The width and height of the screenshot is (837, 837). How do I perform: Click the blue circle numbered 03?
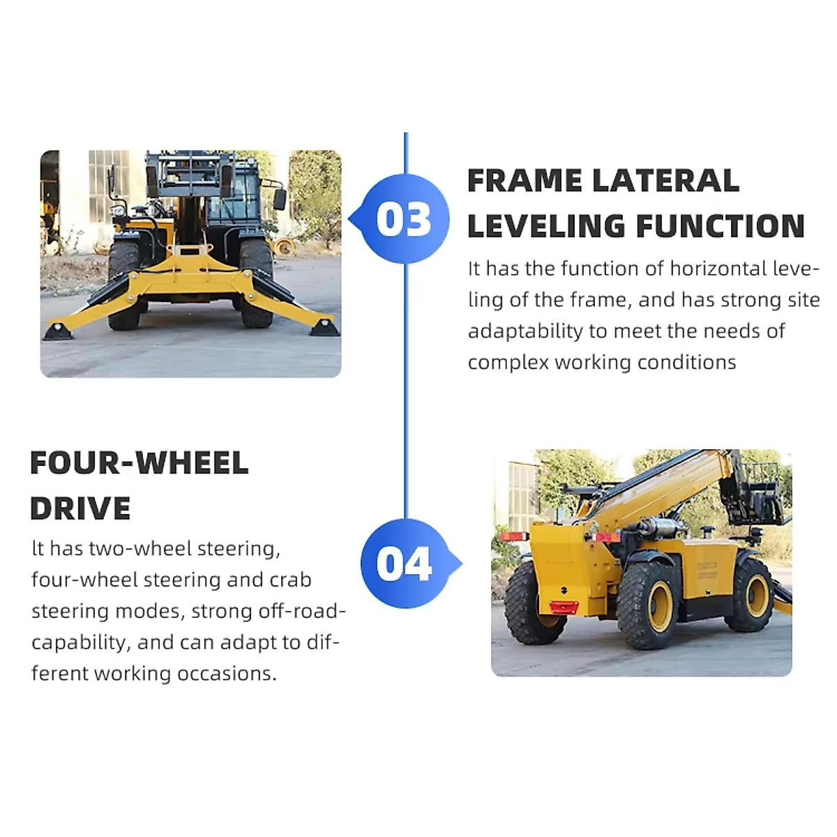405,219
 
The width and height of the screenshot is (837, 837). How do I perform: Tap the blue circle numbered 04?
405,564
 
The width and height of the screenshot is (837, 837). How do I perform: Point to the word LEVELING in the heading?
545,227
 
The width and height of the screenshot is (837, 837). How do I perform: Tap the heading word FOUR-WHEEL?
139,464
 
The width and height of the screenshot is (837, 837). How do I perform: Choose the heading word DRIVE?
80,509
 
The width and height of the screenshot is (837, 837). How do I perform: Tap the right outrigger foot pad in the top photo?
324,327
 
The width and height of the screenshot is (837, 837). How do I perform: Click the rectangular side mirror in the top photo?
279,199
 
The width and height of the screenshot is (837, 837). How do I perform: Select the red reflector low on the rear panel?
564,606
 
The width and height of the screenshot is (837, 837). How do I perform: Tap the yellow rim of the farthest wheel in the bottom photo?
757,595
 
